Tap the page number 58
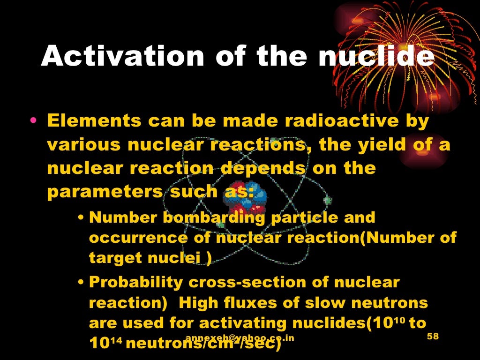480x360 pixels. coord(435,338)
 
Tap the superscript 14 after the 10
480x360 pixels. coord(117,341)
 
